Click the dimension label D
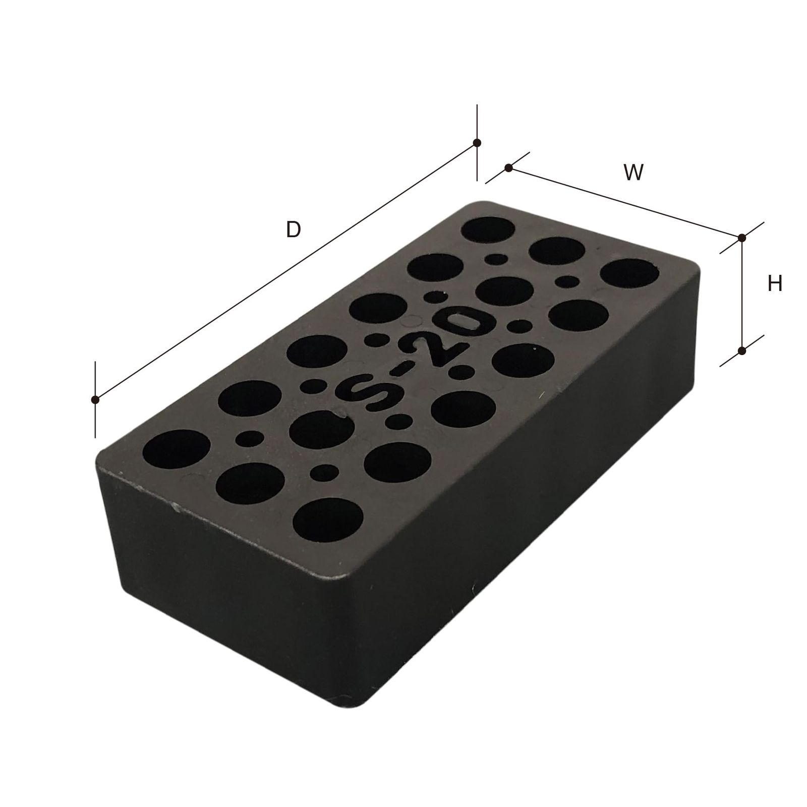pyautogui.click(x=293, y=230)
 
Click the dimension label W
pyautogui.click(x=634, y=173)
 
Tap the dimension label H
pyautogui.click(x=774, y=284)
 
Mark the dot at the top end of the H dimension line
pyautogui.click(x=741, y=238)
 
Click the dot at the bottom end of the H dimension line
pyautogui.click(x=741, y=350)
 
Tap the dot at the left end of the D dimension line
pyautogui.click(x=94, y=400)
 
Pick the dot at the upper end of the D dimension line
pyautogui.click(x=477, y=143)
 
